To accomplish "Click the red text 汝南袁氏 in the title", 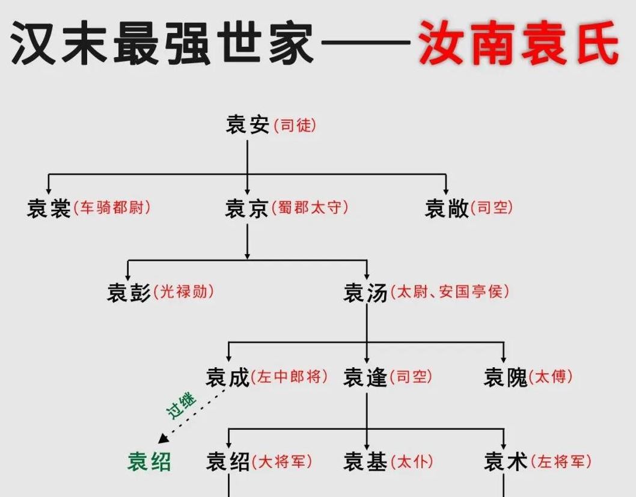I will tap(518, 43).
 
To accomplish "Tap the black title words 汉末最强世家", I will tap(162, 43).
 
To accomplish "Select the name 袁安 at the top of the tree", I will tap(247, 126).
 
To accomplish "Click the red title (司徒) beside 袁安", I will tap(295, 126).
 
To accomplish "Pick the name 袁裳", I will tap(49, 208).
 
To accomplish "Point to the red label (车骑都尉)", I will tap(111, 208).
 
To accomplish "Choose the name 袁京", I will tap(246, 208).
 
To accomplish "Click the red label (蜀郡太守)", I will tap(310, 208).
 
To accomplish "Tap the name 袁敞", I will tap(447, 208).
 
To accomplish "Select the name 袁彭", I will tap(129, 293).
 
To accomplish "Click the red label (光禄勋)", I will tap(184, 293).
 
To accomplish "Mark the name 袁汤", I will tap(365, 293).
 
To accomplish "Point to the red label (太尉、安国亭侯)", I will tap(450, 293).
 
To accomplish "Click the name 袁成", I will tap(227, 377).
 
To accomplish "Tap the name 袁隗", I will tap(506, 377).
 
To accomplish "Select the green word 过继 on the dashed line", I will tap(180, 407).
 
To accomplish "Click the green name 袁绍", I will tap(149, 462).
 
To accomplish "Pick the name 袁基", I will tap(365, 462).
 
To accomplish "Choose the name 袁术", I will tap(506, 462).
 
